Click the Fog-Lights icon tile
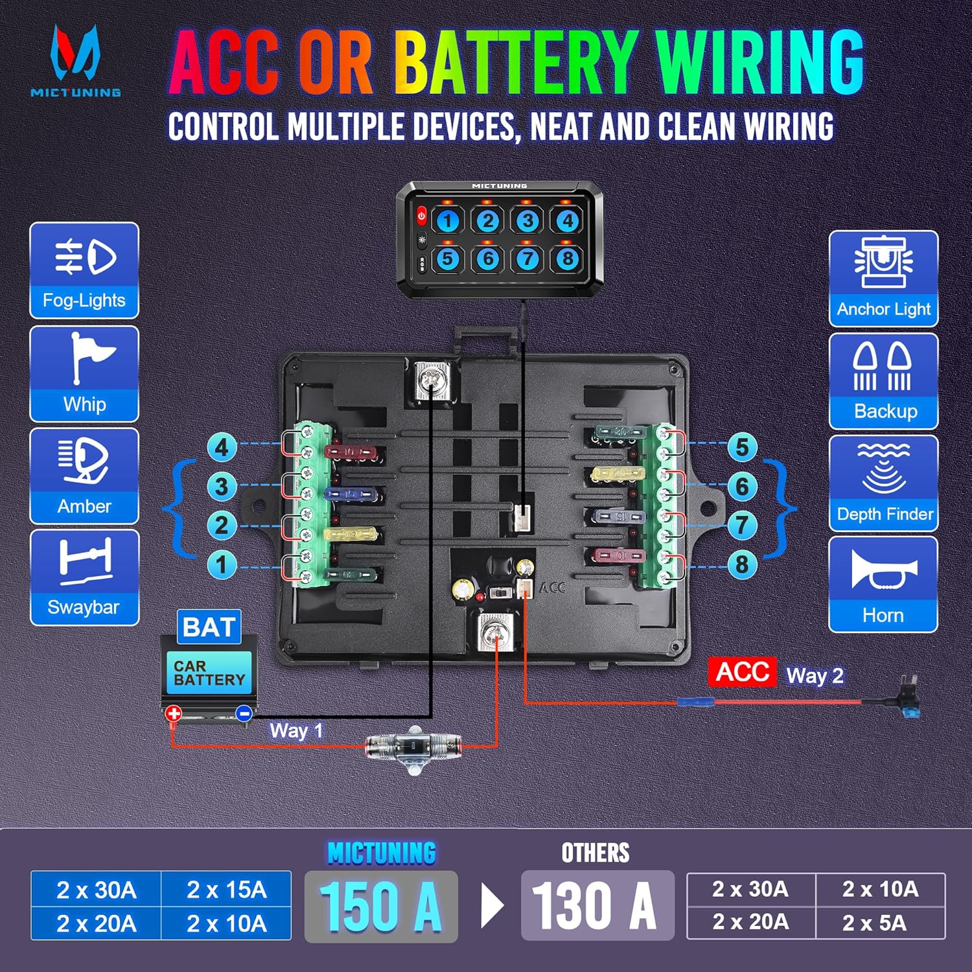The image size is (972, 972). tap(84, 270)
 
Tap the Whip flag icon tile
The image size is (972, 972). tap(84, 374)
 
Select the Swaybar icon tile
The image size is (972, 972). tap(84, 577)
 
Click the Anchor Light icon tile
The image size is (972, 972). tap(883, 279)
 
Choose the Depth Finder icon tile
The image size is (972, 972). tap(883, 483)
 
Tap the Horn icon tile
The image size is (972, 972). tap(883, 584)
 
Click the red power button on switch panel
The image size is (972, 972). tap(421, 215)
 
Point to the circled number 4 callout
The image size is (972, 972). tap(222, 447)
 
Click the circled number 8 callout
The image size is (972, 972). tap(742, 564)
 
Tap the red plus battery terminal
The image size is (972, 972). tap(174, 713)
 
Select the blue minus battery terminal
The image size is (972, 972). tap(244, 713)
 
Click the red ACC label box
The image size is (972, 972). tap(742, 671)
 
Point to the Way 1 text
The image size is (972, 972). tap(296, 731)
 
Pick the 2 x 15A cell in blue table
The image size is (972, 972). tap(226, 889)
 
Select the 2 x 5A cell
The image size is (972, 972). tap(880, 922)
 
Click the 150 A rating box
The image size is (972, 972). tap(381, 906)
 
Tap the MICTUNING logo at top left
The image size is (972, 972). tap(76, 62)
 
